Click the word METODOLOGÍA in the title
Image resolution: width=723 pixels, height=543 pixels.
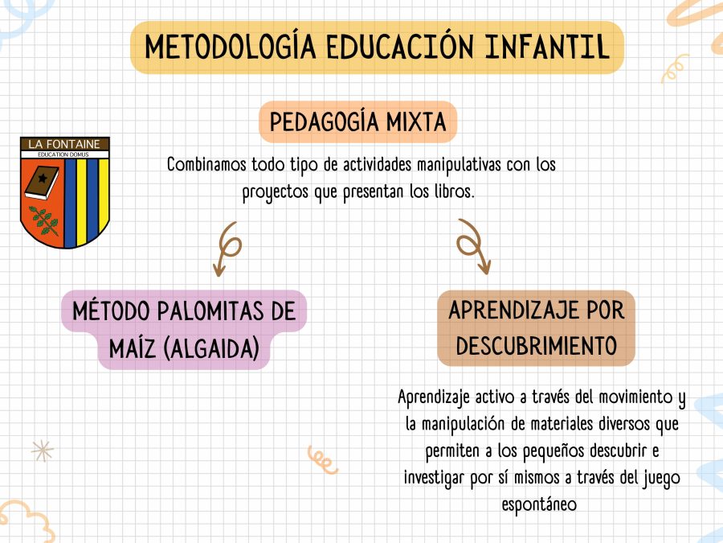point(231,47)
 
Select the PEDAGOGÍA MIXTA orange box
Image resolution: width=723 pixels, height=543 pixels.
point(357,122)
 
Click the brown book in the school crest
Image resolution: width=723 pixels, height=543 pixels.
point(42,183)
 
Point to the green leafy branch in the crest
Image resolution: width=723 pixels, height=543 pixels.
point(44,220)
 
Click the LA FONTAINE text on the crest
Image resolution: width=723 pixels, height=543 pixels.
point(64,144)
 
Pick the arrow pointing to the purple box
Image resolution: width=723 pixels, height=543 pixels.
point(226,249)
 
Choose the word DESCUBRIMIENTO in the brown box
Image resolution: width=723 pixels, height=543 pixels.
point(537,346)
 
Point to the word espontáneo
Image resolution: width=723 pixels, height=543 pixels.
point(539,504)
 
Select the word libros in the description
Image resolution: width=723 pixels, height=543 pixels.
point(454,191)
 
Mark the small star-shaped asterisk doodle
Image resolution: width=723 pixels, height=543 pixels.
point(42,450)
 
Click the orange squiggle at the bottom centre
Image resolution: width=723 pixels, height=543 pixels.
point(322,460)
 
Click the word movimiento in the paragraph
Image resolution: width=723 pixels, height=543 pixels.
point(635,397)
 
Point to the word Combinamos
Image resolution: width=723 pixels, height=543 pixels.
point(206,164)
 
